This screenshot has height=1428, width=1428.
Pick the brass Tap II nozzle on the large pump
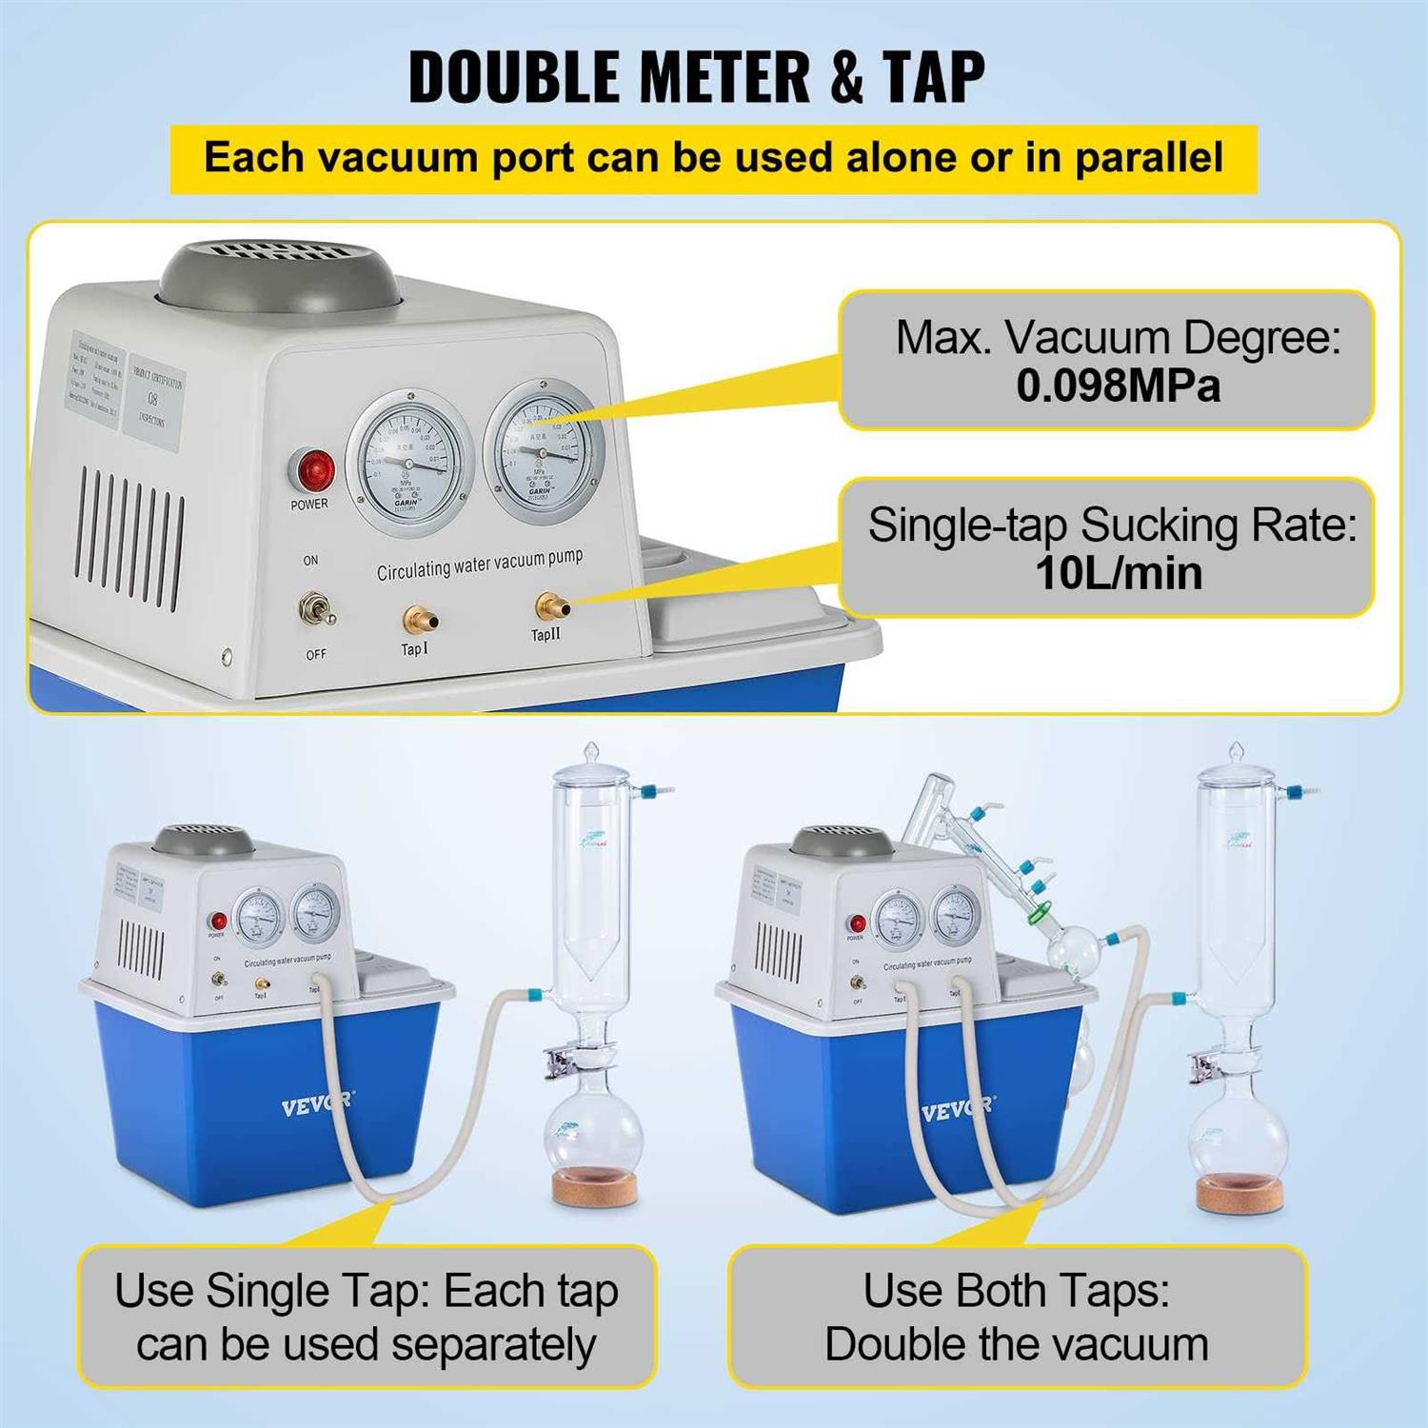point(551,605)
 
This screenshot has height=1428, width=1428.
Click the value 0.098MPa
point(1118,386)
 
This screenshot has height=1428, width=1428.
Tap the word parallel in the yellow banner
point(1148,158)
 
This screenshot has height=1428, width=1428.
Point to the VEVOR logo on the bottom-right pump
point(957,1109)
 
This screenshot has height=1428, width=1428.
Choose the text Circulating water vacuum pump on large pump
point(479,564)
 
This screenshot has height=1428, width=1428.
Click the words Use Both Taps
point(1016,1291)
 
